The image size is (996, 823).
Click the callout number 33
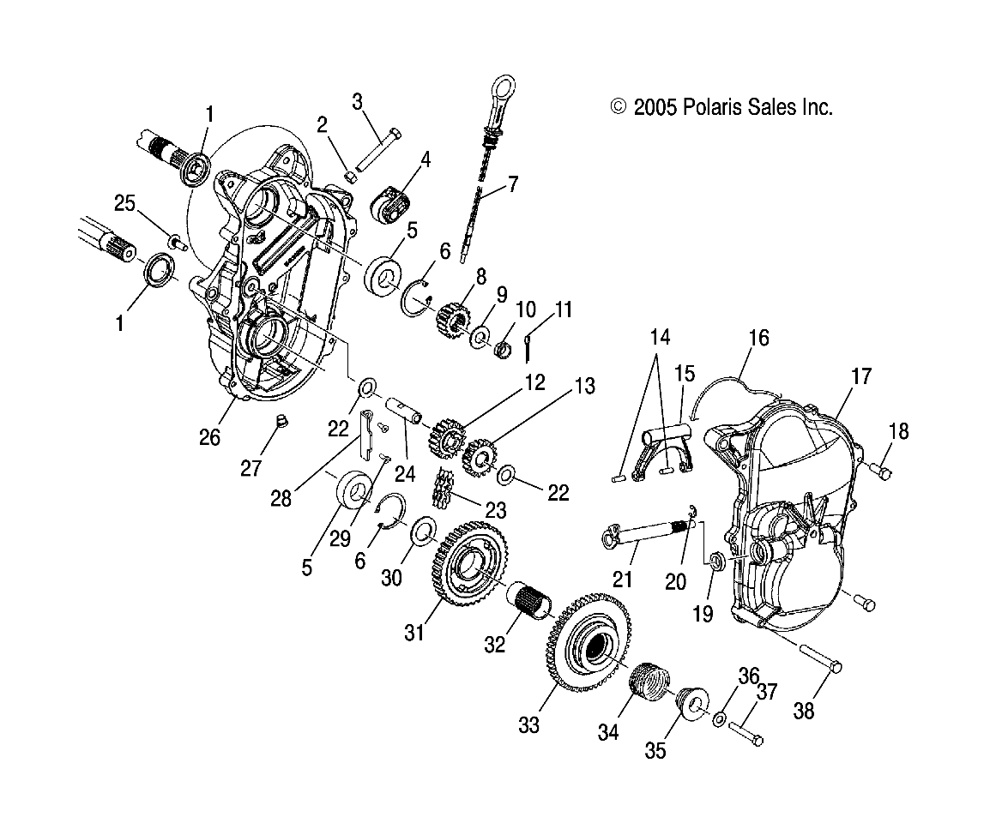pos(528,725)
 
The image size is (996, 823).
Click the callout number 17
pos(860,376)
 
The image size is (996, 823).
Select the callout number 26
pos(209,437)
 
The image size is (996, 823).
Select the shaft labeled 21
pos(643,538)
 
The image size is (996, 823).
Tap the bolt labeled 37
pos(747,734)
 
